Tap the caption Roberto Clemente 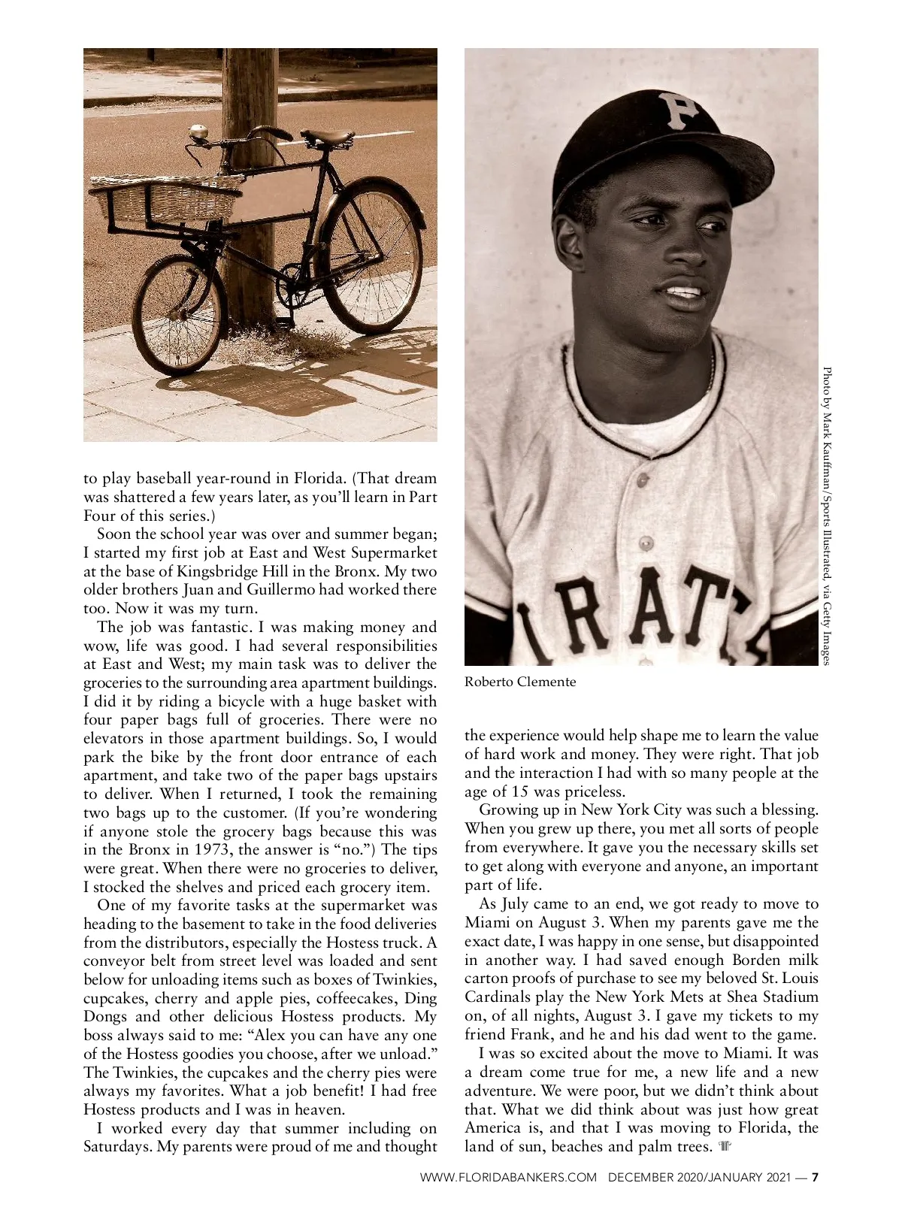520,682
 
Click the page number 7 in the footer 813,1177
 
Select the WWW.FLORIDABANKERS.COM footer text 508,1177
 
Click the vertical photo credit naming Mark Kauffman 828,515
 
